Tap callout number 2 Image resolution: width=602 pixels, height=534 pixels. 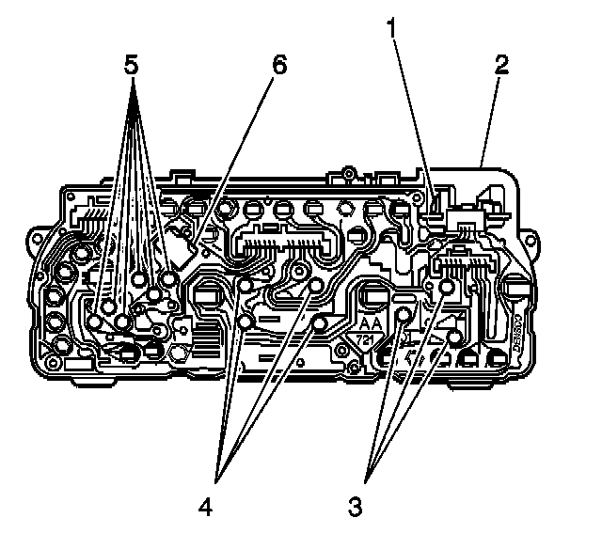(502, 65)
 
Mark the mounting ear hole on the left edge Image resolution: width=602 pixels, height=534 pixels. (37, 241)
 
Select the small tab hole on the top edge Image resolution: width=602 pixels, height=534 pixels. (348, 173)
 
